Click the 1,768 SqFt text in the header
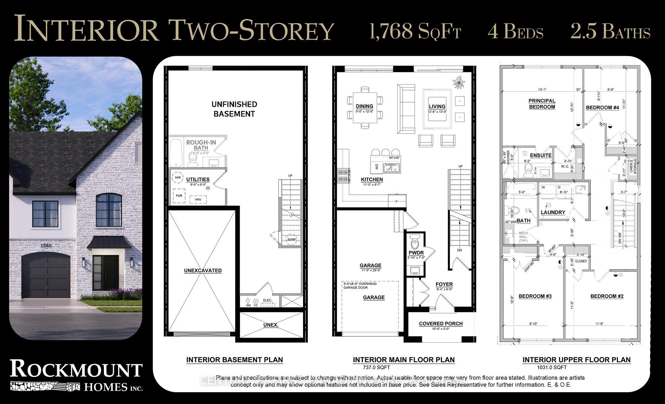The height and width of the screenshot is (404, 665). pyautogui.click(x=415, y=31)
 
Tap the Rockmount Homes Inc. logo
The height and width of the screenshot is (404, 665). pyautogui.click(x=76, y=375)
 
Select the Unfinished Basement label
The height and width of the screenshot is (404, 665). pyautogui.click(x=234, y=109)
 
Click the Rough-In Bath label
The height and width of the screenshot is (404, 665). pyautogui.click(x=201, y=145)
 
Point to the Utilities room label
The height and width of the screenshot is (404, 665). pyautogui.click(x=198, y=179)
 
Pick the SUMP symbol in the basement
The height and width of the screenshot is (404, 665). pyautogui.click(x=292, y=239)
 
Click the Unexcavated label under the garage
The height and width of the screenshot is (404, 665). pyautogui.click(x=203, y=271)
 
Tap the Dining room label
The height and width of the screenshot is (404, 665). pyautogui.click(x=364, y=106)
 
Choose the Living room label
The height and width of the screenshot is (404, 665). pyautogui.click(x=437, y=107)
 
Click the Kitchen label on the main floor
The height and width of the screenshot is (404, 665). pyautogui.click(x=372, y=179)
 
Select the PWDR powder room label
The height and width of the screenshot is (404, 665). pyautogui.click(x=416, y=253)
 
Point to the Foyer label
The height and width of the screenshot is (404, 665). pyautogui.click(x=444, y=284)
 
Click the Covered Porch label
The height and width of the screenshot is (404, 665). pyautogui.click(x=441, y=324)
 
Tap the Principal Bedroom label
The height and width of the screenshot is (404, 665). pyautogui.click(x=542, y=104)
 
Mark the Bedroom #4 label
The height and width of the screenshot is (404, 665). pyautogui.click(x=602, y=108)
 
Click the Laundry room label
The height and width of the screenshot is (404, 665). pyautogui.click(x=553, y=212)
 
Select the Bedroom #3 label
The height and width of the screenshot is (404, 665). pyautogui.click(x=535, y=296)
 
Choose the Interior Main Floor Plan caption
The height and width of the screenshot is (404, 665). pyautogui.click(x=404, y=360)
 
